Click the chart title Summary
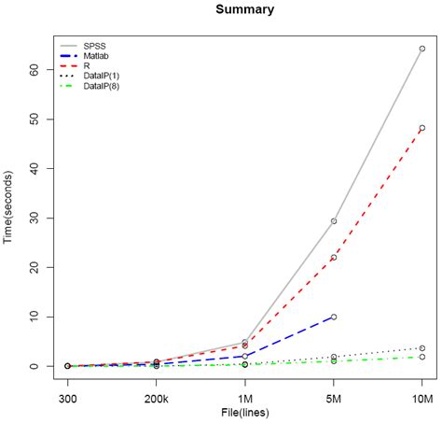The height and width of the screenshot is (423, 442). pos(244,10)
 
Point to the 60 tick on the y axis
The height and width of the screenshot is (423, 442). pos(35,69)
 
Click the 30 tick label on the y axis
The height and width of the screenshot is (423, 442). pos(35,218)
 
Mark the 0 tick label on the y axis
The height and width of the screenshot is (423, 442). pos(35,366)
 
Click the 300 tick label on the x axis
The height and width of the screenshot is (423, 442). pos(67,399)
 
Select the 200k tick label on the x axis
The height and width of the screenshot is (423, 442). pos(156,399)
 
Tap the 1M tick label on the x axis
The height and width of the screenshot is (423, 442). pos(244,399)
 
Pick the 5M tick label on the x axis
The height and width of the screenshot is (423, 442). pos(333,399)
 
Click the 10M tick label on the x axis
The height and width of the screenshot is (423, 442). pos(421,399)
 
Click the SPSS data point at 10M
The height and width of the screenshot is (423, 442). pos(421,49)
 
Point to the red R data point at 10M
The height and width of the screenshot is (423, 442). pos(421,128)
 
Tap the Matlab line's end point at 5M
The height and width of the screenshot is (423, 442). pos(333,317)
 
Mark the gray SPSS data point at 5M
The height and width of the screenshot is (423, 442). pos(333,221)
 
